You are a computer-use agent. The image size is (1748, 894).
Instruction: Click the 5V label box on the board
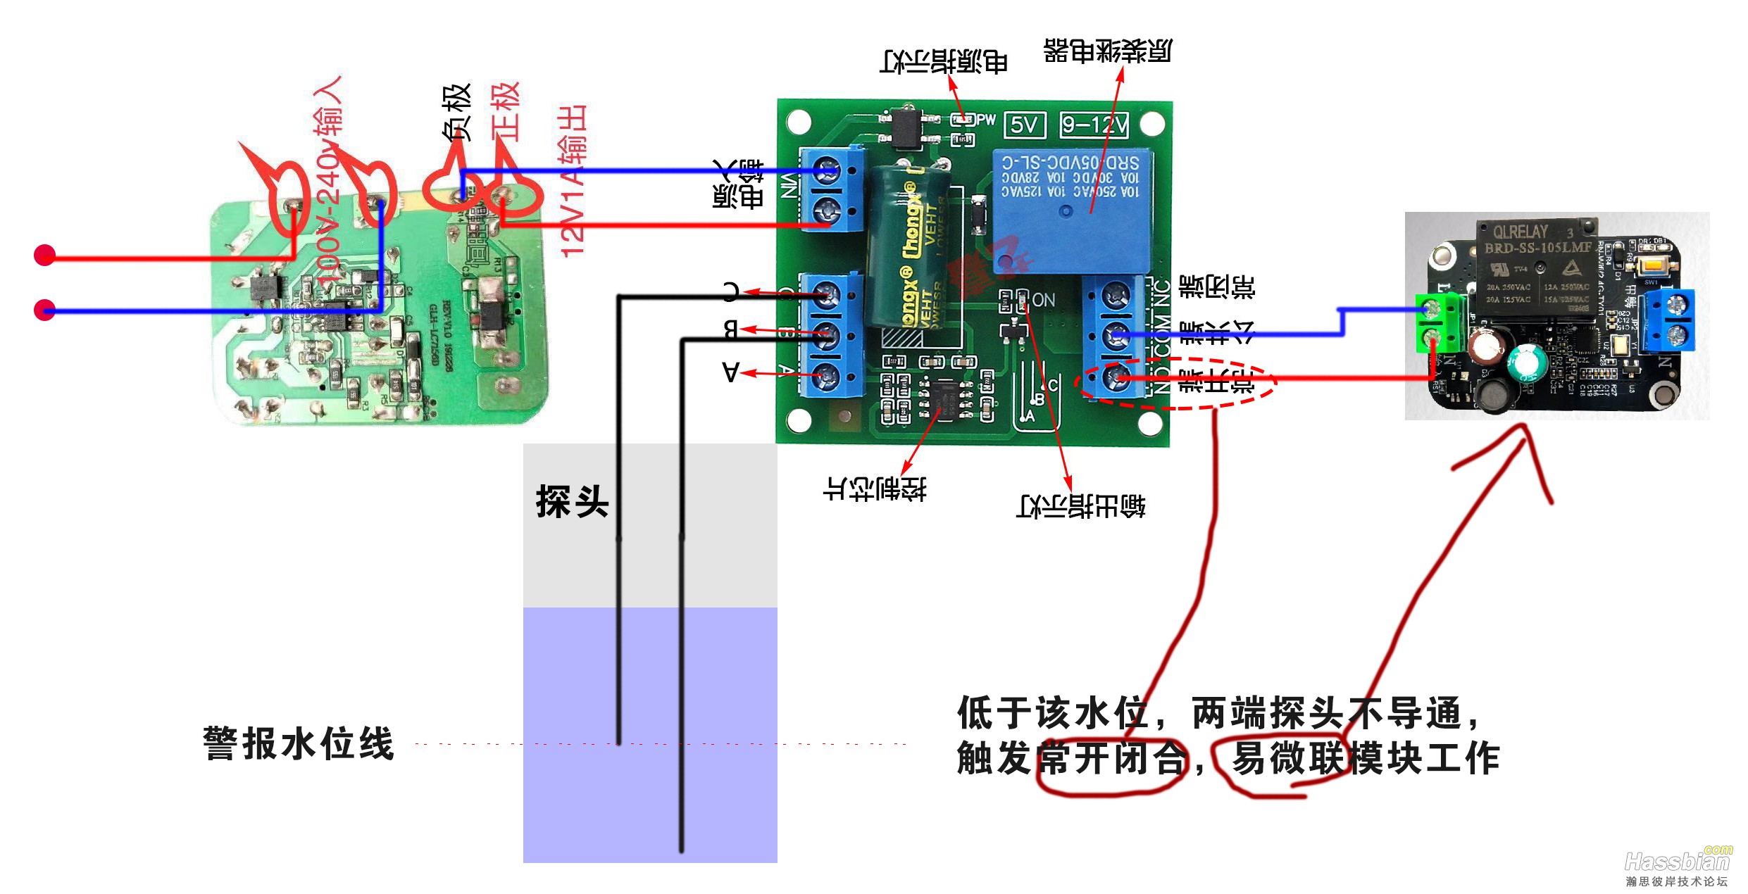[x=1024, y=125]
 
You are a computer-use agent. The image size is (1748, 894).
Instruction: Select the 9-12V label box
[x=1094, y=125]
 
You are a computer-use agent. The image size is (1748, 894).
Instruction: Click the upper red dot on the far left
[x=45, y=255]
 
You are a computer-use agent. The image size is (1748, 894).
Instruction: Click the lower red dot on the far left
[x=45, y=310]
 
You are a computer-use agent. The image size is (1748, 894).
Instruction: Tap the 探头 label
[x=572, y=502]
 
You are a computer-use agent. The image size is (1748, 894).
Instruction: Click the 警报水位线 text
[x=299, y=744]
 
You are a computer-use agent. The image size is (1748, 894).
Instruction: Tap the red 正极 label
[x=506, y=113]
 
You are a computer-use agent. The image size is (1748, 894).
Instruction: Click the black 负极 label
[x=456, y=113]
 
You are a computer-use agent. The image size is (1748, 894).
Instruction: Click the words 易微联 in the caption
[x=1289, y=759]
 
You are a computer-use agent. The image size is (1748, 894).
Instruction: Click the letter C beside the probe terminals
[x=732, y=291]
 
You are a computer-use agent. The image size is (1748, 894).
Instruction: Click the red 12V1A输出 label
[x=572, y=182]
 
